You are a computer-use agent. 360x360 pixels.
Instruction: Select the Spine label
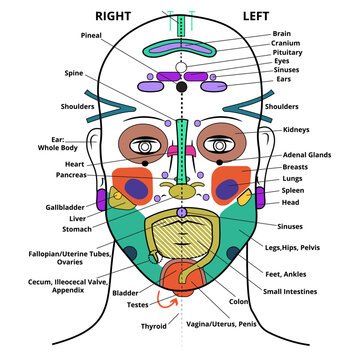tap(75, 74)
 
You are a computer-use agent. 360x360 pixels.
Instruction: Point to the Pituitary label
tap(288, 52)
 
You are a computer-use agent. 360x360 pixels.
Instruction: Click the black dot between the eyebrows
tap(181, 88)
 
